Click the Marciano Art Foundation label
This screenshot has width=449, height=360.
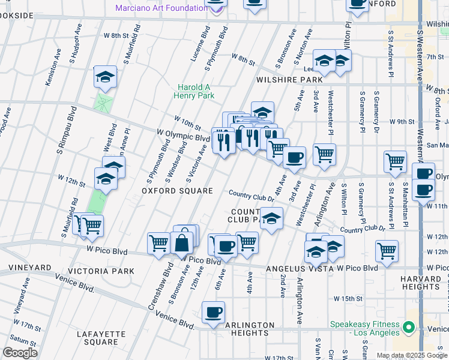pyautogui.click(x=162, y=8)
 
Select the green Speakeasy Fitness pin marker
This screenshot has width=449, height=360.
pyautogui.click(x=409, y=328)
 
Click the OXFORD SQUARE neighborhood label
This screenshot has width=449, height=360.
pyautogui.click(x=177, y=191)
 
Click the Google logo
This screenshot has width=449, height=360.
pyautogui.click(x=20, y=352)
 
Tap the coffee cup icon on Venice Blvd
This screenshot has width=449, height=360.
pyautogui.click(x=214, y=313)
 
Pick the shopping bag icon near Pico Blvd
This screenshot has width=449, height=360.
pyautogui.click(x=181, y=244)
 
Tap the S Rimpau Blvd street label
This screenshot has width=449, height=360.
pyautogui.click(x=65, y=128)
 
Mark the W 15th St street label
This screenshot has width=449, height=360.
pyautogui.click(x=348, y=298)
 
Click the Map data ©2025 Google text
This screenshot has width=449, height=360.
pyautogui.click(x=411, y=355)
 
